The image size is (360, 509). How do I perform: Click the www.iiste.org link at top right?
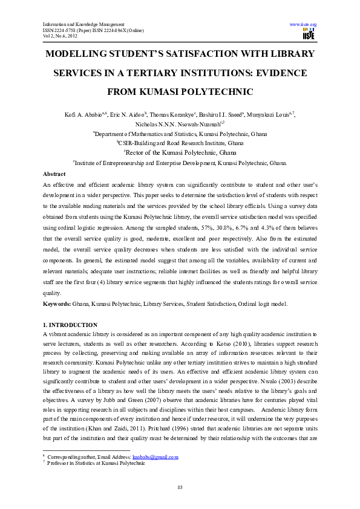coord(304,25)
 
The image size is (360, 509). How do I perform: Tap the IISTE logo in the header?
coord(308,35)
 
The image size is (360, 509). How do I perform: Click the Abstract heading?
coord(54,173)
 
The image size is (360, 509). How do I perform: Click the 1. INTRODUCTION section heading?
coord(70,325)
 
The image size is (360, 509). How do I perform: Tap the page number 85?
coord(180,487)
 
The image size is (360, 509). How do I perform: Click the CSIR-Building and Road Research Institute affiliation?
coord(180,143)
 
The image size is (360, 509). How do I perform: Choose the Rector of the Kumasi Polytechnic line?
coord(180,152)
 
